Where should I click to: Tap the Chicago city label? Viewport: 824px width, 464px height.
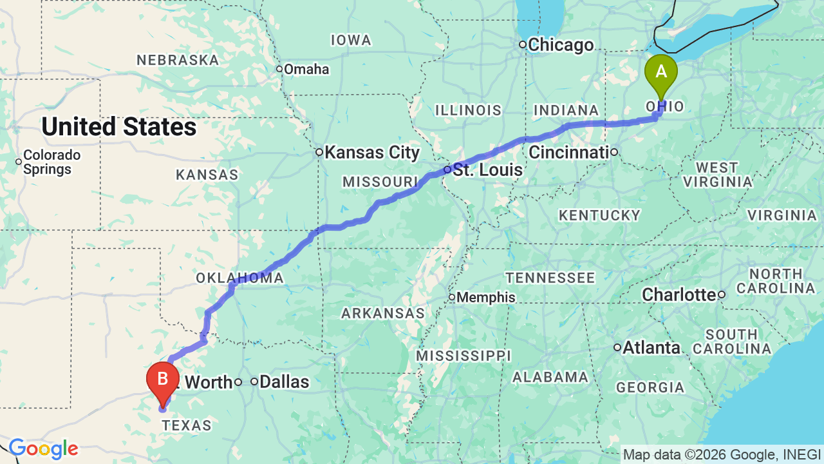pos(561,45)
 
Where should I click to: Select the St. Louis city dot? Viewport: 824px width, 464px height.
pos(447,169)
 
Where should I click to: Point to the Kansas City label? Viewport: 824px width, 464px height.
pos(371,153)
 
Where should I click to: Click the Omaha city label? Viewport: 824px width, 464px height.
pos(306,69)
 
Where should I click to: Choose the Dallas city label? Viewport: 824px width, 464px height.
pos(284,382)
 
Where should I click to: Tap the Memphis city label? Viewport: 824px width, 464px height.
pos(486,297)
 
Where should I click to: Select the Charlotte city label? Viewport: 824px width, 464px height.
pos(679,295)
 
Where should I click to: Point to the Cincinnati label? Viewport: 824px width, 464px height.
pos(568,153)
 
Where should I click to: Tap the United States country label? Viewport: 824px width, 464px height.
pos(119,127)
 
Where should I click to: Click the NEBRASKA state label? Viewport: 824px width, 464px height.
pos(178,61)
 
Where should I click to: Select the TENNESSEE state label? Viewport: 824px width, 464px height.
pos(550,278)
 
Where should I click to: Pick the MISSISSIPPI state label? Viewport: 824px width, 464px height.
pos(464,356)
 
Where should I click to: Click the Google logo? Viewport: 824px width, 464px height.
pos(43,449)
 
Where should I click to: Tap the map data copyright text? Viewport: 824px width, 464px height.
pos(722,454)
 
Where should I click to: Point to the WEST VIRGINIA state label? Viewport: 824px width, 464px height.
pos(716,175)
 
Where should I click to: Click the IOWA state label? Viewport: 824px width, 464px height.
pos(351,40)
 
